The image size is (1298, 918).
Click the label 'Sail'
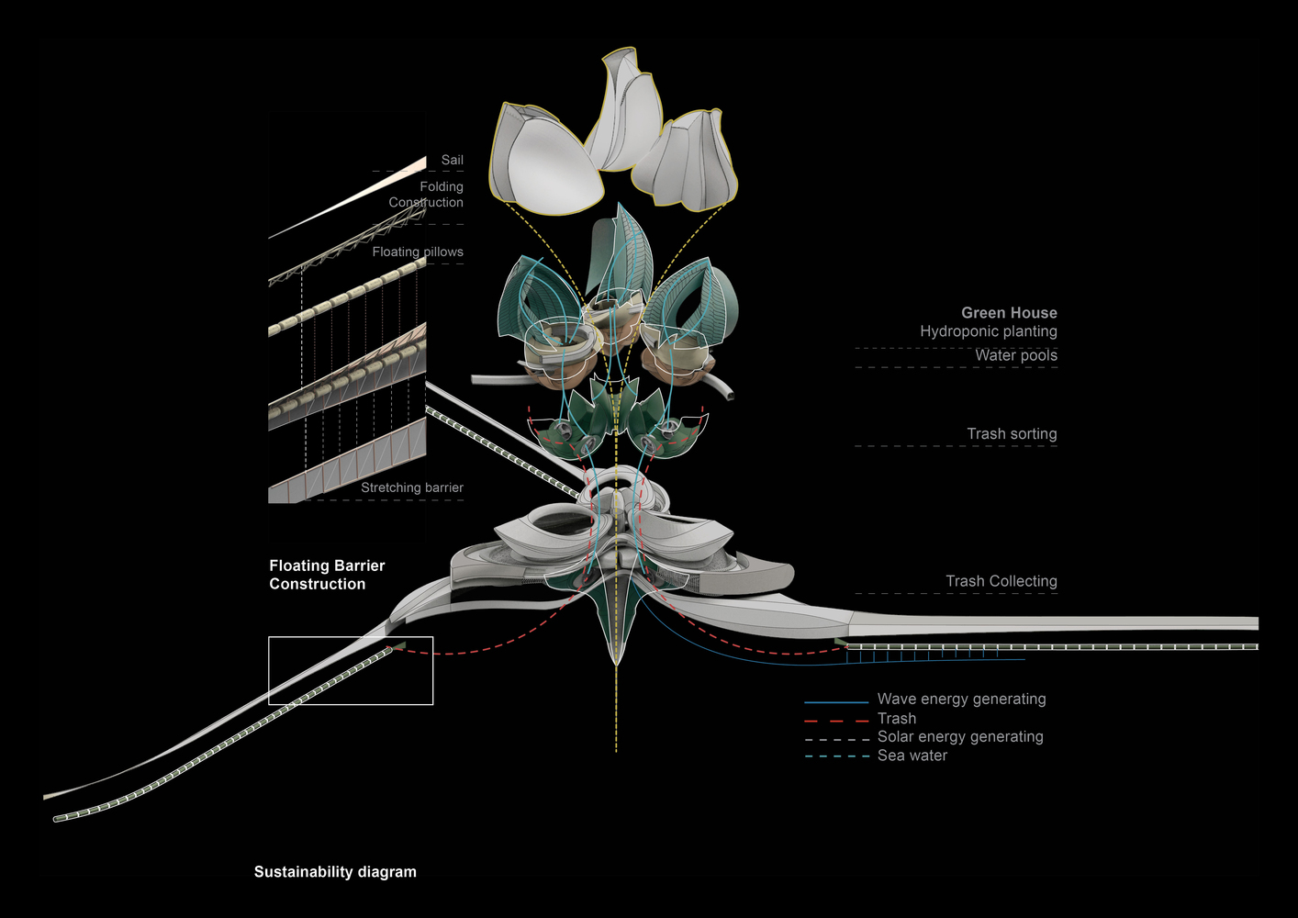click(452, 160)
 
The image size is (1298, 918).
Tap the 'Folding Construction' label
click(426, 195)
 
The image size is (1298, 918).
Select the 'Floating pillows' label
click(418, 252)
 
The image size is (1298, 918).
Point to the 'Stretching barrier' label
click(411, 487)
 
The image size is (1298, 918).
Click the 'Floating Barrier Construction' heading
click(327, 575)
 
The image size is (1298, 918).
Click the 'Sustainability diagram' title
click(335, 872)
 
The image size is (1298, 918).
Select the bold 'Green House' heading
click(1009, 313)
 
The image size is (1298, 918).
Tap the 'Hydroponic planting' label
click(989, 331)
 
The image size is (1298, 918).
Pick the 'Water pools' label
click(1015, 355)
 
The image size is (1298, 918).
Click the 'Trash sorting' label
click(1012, 434)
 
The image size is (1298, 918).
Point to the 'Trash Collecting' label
click(1001, 581)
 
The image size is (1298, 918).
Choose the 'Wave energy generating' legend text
click(961, 700)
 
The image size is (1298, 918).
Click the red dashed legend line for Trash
click(836, 721)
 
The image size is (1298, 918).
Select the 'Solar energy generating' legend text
click(960, 737)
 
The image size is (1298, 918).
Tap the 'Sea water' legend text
click(912, 756)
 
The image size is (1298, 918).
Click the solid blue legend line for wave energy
click(836, 702)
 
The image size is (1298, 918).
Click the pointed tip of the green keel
click(616, 663)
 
